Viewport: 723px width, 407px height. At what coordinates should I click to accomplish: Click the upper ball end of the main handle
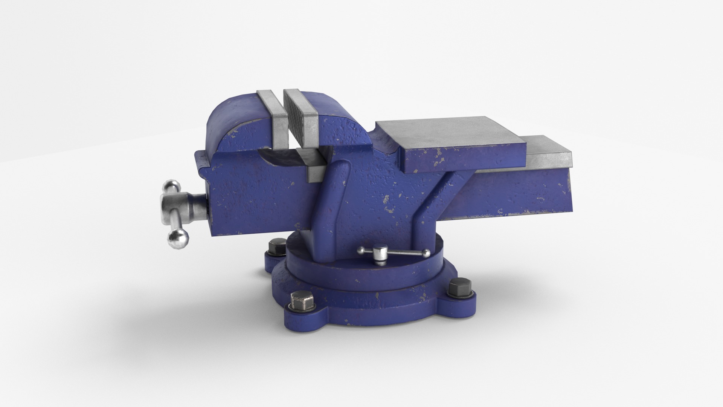pos(172,186)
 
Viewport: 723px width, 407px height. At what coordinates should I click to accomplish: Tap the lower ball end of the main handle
pos(178,237)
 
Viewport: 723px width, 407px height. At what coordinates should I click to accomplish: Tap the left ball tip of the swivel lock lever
pos(361,250)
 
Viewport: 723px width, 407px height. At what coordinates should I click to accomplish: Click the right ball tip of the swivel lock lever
pos(426,253)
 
